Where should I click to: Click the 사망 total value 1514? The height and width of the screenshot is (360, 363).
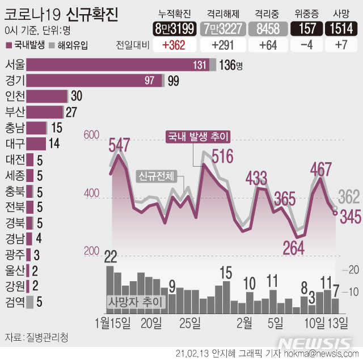coord(340,28)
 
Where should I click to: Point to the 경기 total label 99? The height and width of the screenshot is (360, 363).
coord(173,81)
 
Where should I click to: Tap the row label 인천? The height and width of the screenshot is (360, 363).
coord(14,96)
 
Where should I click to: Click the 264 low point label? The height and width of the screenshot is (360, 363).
coord(293,248)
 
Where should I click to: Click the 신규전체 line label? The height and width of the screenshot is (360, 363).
coord(157,176)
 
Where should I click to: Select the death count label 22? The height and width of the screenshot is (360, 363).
coord(110,256)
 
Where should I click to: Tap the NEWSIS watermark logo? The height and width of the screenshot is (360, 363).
coord(315,344)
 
